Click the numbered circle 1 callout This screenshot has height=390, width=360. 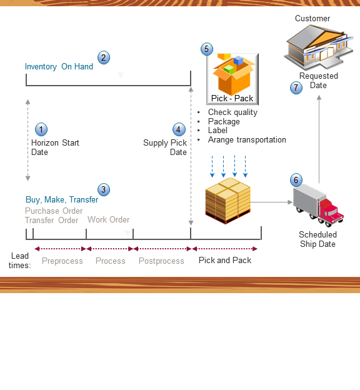coord(41,129)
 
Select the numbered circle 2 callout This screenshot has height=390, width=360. coord(103,57)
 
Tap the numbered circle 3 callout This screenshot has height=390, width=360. coord(103,189)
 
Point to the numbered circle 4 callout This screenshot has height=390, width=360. coord(179,129)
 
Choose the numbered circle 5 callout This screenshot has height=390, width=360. coord(207,49)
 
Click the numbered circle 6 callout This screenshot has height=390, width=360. coord(296,180)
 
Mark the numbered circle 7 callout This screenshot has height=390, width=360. coord(296,88)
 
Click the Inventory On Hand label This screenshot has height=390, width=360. coord(59,67)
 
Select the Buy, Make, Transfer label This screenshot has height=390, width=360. coord(61,200)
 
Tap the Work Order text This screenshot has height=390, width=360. coord(108,219)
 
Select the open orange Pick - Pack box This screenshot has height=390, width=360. coord(232,74)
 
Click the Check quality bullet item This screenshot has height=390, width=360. coord(232,112)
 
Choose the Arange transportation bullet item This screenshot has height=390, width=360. coord(247,140)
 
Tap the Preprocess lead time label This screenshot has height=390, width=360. coord(62,261)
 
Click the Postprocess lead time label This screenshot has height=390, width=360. coord(161,261)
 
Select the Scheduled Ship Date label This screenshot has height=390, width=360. coord(317,239)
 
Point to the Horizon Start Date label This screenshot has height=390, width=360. coord(55,147)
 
